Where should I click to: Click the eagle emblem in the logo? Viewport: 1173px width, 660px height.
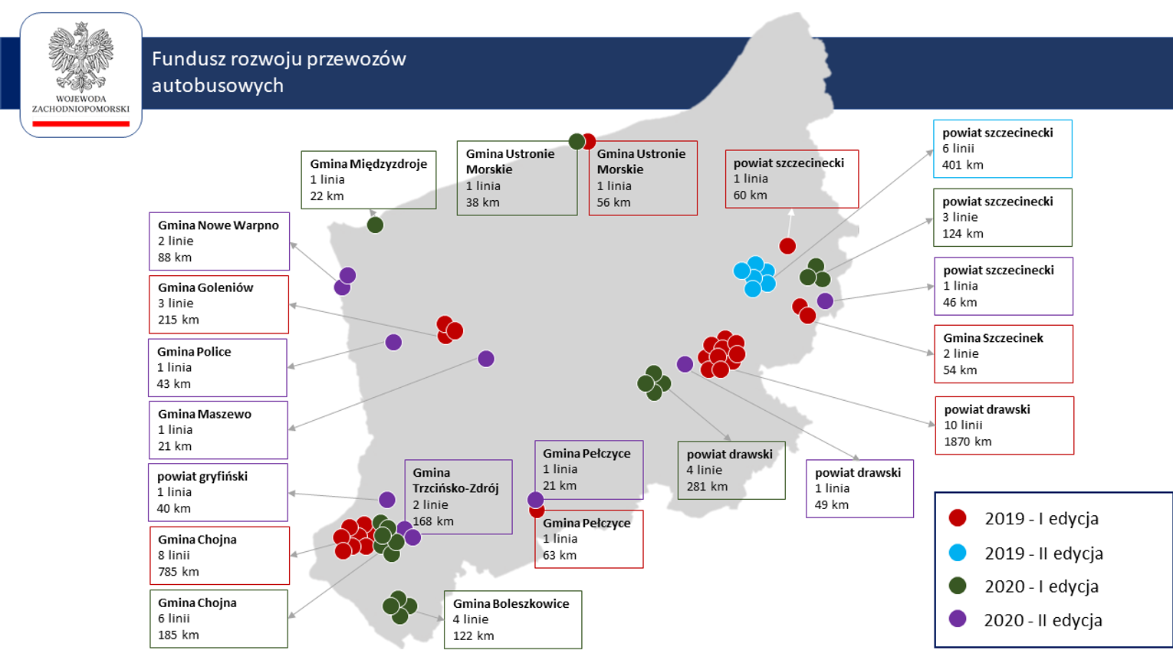click(x=80, y=57)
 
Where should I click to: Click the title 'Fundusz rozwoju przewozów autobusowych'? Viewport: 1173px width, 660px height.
click(x=278, y=71)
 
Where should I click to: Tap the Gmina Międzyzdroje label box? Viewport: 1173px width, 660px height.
click(x=368, y=179)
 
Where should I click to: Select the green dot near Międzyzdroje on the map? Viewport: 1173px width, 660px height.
click(x=375, y=225)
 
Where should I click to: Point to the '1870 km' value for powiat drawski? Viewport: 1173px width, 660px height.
click(x=968, y=442)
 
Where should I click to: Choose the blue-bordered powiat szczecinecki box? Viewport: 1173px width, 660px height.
click(x=1002, y=149)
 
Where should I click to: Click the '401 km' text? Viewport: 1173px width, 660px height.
click(x=963, y=165)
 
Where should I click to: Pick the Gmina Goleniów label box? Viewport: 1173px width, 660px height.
click(x=219, y=304)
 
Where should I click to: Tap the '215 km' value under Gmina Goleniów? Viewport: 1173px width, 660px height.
click(x=178, y=320)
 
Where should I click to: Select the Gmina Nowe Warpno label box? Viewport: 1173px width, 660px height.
click(x=219, y=241)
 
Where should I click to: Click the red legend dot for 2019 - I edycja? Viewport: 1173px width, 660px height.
click(x=958, y=518)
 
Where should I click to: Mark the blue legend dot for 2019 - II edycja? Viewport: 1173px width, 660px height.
click(x=958, y=553)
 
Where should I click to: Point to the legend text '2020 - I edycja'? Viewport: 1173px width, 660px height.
click(x=1041, y=586)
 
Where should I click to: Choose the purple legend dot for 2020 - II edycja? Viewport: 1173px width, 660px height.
click(x=958, y=619)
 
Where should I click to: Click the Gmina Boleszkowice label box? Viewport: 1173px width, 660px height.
click(x=512, y=619)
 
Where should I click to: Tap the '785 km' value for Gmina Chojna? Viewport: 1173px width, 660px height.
click(x=178, y=571)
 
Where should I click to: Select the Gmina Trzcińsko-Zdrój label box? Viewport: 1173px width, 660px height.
click(x=458, y=497)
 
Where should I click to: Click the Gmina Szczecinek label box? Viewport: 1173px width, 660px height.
click(x=1003, y=354)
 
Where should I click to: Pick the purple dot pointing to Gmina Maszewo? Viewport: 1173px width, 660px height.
click(x=486, y=359)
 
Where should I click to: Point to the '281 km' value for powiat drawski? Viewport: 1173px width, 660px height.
click(x=707, y=486)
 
